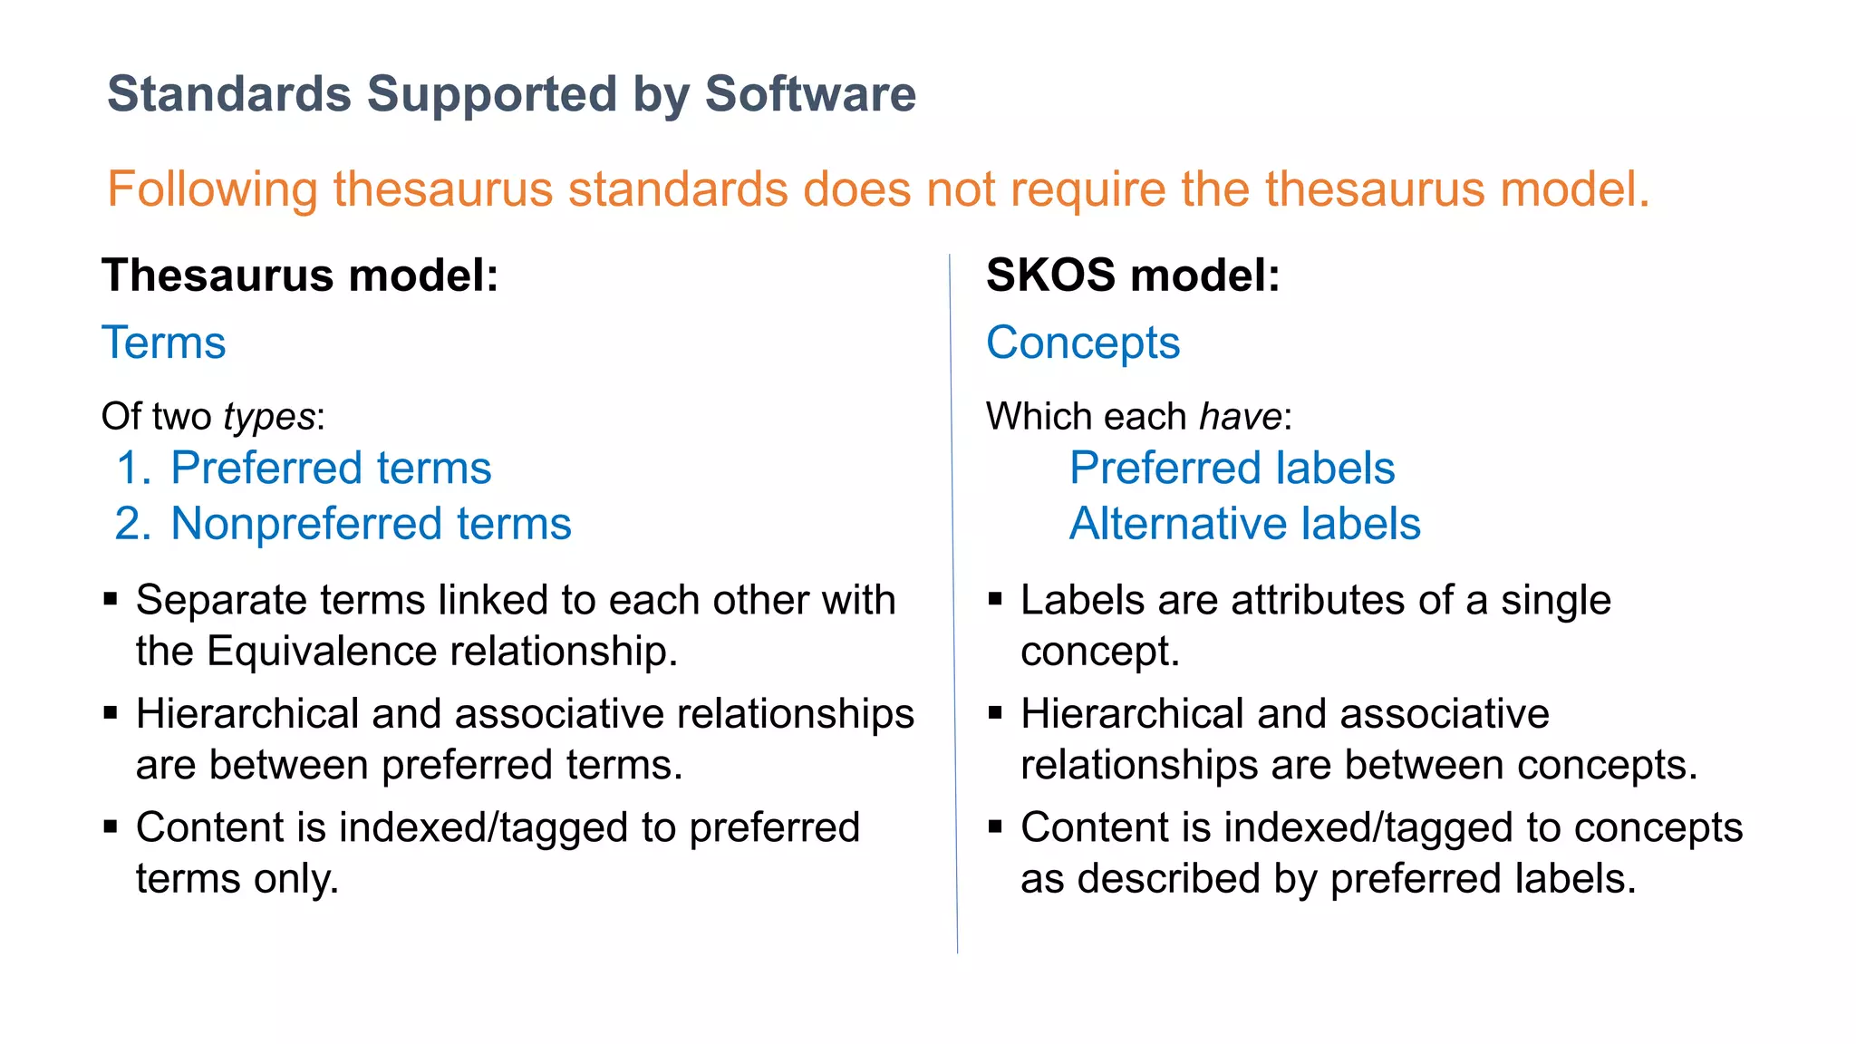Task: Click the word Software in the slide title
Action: point(810,94)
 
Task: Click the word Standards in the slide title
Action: point(229,94)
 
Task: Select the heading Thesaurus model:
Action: point(300,275)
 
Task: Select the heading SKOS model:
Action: point(1133,275)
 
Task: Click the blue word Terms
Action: point(164,343)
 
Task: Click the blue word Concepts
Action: point(1083,343)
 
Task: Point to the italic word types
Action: point(269,417)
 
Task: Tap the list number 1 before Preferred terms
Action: point(131,469)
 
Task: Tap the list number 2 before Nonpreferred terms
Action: point(131,525)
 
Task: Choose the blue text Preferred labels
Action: point(1232,469)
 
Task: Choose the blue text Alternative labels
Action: point(1244,525)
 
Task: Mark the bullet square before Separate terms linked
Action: point(111,599)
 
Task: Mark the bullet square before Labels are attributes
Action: point(995,599)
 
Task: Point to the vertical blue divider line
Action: point(953,598)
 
